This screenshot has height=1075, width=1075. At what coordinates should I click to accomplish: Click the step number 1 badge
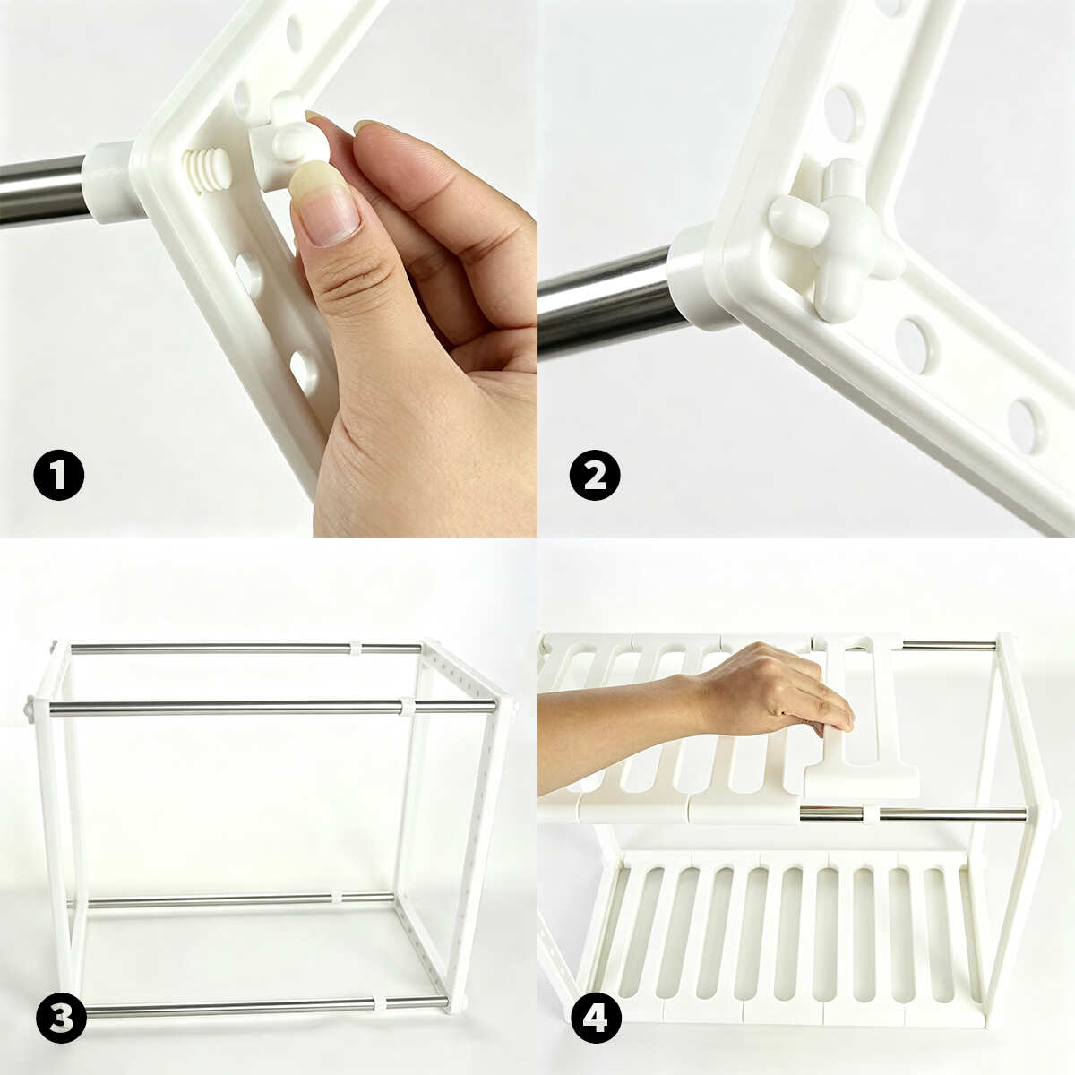coord(58,475)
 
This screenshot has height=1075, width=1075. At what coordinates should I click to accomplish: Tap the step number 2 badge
coord(595,475)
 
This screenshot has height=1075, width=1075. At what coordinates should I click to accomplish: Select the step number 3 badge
coord(62,1017)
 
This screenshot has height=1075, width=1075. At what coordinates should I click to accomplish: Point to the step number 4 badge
coord(597,1017)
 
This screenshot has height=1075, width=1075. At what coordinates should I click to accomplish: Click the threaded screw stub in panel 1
coord(206,171)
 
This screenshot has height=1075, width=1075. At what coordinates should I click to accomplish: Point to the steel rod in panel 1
coord(45,191)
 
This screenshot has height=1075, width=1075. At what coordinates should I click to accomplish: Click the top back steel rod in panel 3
coord(246,649)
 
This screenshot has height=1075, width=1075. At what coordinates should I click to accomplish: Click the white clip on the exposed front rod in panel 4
coord(871,815)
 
